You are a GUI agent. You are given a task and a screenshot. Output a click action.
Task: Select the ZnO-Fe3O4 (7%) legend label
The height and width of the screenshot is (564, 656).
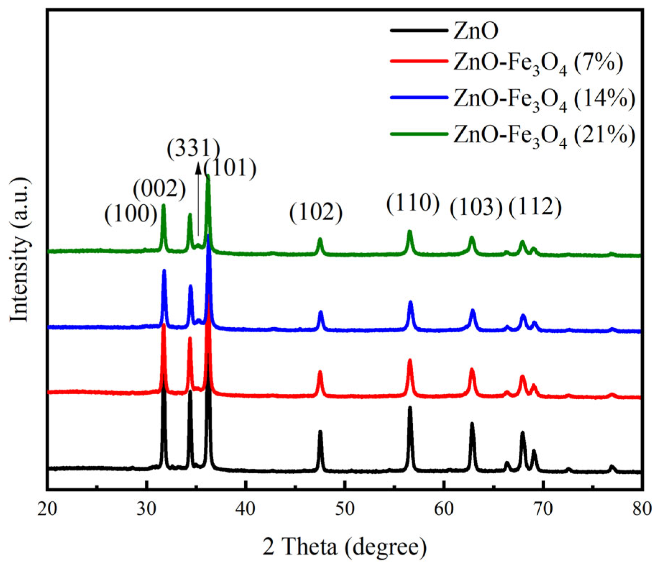point(538,64)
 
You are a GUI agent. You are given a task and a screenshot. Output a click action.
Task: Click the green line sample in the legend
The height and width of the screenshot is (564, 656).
point(419,134)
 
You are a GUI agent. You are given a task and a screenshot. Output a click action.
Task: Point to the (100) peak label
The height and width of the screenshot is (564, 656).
point(131,215)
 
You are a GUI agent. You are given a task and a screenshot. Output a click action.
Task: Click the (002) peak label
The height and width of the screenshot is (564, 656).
point(159,189)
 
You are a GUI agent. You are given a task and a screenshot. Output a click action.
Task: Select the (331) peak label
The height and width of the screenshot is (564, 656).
point(193,149)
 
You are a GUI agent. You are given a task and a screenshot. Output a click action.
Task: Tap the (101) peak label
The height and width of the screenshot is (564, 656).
point(230,168)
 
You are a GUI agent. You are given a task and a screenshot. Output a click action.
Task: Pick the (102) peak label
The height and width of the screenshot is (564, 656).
point(316,213)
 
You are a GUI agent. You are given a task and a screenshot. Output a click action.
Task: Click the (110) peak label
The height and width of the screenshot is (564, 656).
point(413,204)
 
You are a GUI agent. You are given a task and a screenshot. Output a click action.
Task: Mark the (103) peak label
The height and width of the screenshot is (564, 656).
point(476,208)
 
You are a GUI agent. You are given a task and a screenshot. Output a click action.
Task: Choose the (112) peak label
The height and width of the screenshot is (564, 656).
point(535,208)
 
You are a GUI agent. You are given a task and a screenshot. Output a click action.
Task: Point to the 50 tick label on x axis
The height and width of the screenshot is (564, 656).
point(345,509)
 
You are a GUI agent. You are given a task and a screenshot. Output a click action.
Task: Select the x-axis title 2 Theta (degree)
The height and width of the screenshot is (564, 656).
point(345,547)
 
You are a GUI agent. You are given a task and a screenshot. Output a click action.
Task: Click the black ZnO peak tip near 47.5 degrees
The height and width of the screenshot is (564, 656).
point(320,432)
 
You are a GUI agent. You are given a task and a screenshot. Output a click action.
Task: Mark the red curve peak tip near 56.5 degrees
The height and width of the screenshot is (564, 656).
point(410,360)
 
